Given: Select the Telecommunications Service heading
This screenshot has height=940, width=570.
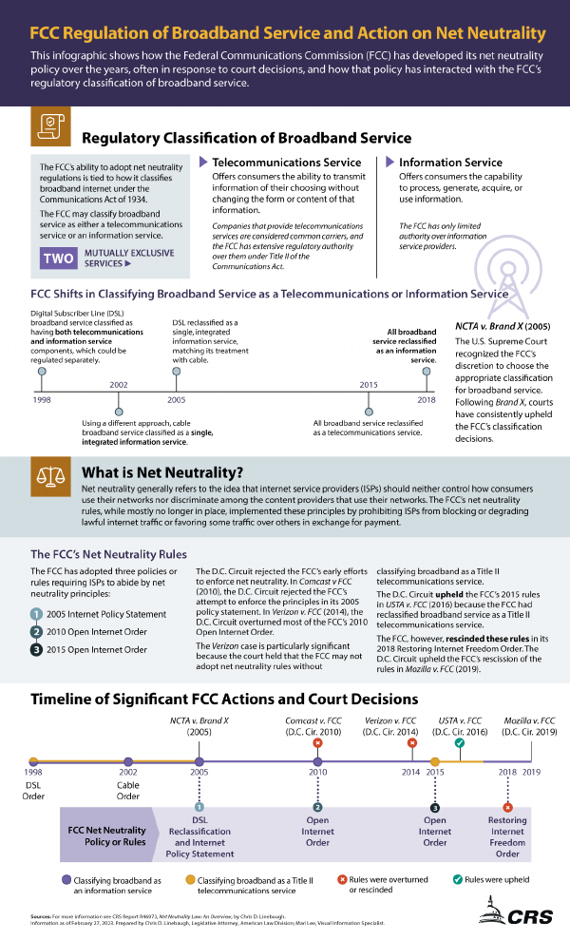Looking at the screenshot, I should (x=286, y=163).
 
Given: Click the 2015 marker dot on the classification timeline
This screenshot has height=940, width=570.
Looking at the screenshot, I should (x=369, y=412).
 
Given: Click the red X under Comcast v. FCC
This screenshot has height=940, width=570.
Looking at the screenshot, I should (x=317, y=742).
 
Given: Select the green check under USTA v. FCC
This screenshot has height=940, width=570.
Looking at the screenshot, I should (x=460, y=742).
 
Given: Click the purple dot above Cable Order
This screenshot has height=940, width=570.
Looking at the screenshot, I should (x=128, y=761).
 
